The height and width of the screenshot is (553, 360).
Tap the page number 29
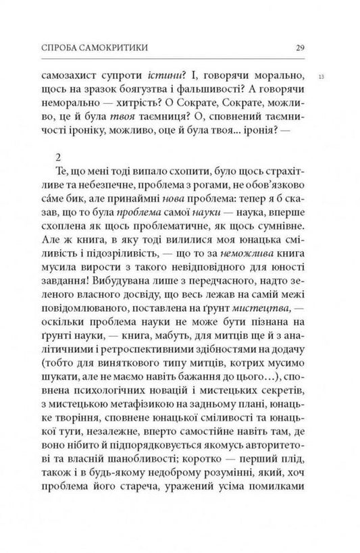302,47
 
